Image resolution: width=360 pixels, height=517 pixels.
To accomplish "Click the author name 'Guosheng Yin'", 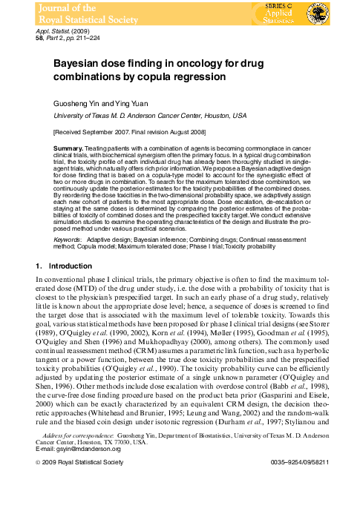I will pos(73,105).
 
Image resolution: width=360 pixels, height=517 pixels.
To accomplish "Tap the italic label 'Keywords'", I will pos(68,241).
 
